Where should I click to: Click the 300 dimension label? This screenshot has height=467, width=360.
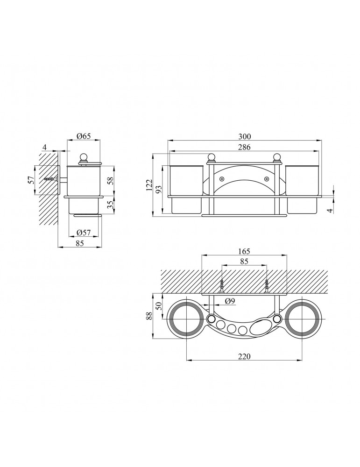pyautogui.click(x=245, y=137)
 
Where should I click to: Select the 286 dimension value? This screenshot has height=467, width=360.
pyautogui.click(x=245, y=147)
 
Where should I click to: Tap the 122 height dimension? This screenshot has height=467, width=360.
pyautogui.click(x=149, y=185)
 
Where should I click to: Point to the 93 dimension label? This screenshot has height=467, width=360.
pyautogui.click(x=160, y=190)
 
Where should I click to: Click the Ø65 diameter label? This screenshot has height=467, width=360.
pyautogui.click(x=84, y=136)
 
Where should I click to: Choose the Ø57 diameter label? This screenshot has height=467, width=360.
pyautogui.click(x=84, y=233)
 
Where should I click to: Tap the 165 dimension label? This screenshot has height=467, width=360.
pyautogui.click(x=244, y=251)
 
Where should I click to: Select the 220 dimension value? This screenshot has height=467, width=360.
pyautogui.click(x=245, y=356)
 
